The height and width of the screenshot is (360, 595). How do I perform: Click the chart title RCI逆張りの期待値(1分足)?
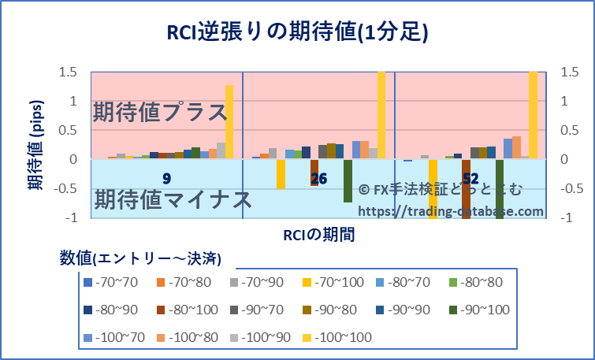[297, 32]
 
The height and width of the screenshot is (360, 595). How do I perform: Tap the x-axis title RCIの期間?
[318, 234]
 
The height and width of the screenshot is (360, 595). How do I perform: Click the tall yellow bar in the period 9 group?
[229, 121]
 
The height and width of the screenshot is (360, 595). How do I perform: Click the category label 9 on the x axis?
[166, 179]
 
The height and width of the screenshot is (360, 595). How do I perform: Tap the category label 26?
[318, 179]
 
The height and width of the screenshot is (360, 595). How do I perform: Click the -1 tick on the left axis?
[72, 217]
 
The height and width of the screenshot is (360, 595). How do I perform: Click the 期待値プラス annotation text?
[160, 112]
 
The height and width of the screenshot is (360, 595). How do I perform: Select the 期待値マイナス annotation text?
[173, 199]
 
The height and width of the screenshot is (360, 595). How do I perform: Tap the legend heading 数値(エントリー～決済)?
[140, 258]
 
